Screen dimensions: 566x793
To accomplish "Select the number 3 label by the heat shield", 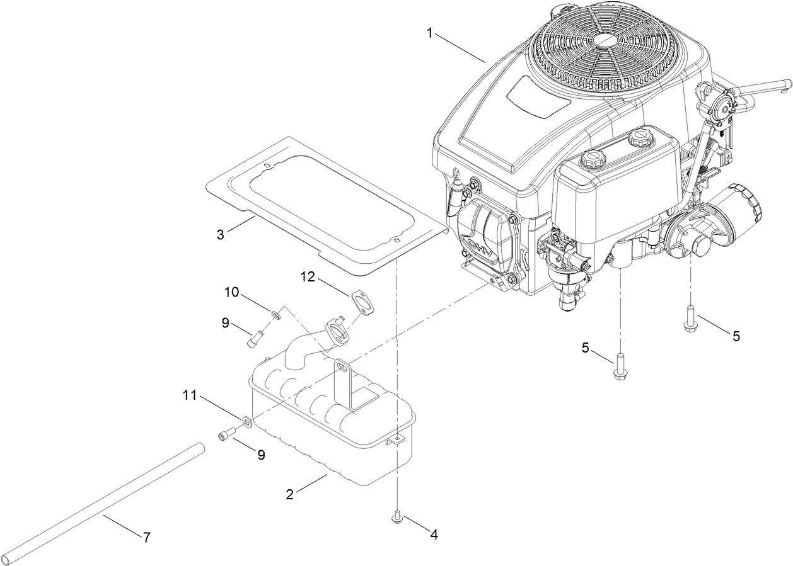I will tap(220, 235).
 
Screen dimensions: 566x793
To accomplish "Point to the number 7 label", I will tap(146, 538).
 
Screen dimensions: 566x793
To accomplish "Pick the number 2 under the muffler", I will tap(289, 494).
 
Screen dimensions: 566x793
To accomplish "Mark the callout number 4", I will tap(433, 535).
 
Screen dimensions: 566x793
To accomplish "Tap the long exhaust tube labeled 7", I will tap(101, 503).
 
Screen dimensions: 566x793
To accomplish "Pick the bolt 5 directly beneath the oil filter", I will tap(690, 319).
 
